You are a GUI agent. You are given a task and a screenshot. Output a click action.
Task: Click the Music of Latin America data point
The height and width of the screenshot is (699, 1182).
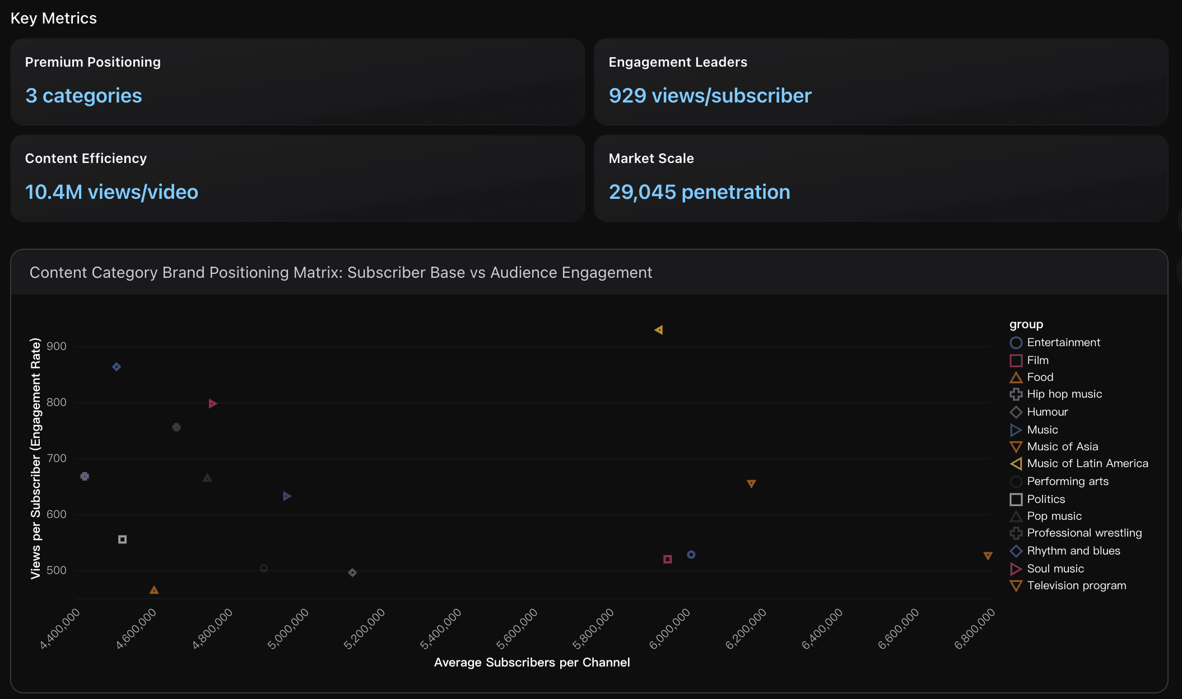(x=659, y=330)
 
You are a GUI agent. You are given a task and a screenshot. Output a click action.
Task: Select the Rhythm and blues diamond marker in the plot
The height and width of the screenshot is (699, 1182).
(x=117, y=367)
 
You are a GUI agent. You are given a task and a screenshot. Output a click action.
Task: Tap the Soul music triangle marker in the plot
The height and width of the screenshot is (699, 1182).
(x=212, y=404)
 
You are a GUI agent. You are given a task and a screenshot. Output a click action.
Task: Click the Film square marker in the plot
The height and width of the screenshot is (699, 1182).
(x=667, y=559)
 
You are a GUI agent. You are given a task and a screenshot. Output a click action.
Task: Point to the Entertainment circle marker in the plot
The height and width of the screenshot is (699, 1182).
(x=691, y=554)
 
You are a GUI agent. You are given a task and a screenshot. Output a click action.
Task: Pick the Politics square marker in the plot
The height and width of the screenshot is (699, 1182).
(x=123, y=539)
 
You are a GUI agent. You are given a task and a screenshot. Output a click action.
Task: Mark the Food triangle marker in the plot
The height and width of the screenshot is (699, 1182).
(x=154, y=590)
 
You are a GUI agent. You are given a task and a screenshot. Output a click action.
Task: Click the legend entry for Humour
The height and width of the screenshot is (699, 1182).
(x=1047, y=412)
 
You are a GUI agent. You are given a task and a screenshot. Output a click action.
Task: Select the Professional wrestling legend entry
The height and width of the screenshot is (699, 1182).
(x=1083, y=533)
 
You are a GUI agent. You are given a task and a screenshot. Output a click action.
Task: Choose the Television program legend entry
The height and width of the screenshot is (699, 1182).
(x=1076, y=585)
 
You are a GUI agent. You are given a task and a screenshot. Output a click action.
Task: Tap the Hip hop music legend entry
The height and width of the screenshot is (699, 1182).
(x=1064, y=394)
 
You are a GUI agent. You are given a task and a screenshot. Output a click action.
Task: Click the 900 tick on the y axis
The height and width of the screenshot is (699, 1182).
(x=57, y=346)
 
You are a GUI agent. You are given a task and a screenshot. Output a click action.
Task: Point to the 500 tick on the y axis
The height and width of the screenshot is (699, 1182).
(x=57, y=570)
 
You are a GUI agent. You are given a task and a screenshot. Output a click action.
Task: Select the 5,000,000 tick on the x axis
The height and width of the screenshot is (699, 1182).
(x=289, y=628)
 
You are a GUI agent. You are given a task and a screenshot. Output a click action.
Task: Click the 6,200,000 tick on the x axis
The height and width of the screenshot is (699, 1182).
(x=746, y=628)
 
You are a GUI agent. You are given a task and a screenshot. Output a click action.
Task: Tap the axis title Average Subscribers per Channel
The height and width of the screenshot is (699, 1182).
(x=532, y=662)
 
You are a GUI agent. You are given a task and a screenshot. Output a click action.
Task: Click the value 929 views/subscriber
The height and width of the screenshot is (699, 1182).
(x=710, y=96)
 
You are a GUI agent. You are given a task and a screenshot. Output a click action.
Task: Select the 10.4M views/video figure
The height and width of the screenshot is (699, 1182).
(x=111, y=192)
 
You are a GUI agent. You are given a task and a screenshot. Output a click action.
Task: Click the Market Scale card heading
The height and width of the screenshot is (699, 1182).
(x=651, y=159)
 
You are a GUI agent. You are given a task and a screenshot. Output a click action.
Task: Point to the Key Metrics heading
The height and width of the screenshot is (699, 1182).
(x=54, y=18)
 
